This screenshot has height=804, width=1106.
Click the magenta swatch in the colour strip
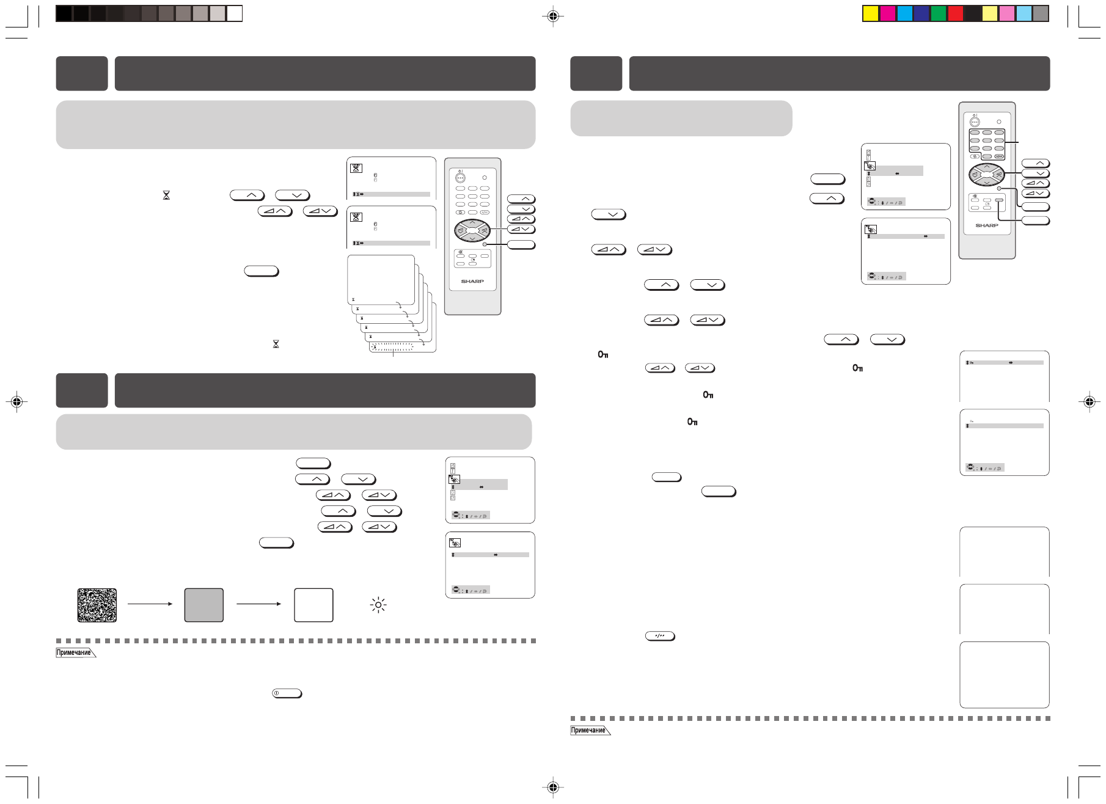point(887,13)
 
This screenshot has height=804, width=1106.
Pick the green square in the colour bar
point(938,13)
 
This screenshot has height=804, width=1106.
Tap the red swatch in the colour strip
point(955,13)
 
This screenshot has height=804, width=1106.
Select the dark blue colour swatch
point(921,13)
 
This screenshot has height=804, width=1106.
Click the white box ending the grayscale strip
point(235,13)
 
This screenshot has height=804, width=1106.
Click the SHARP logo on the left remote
point(472,282)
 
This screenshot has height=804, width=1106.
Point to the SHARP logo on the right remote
point(986,225)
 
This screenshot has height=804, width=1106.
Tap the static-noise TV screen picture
point(97,605)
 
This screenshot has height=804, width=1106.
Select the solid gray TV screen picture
point(204,605)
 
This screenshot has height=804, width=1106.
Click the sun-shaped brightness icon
point(379,605)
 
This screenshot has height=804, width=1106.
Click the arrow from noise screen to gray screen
point(150,604)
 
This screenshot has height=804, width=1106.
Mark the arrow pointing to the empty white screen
point(258,604)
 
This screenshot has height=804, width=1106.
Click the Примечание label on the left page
point(75,652)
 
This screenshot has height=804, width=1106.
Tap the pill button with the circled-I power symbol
point(287,693)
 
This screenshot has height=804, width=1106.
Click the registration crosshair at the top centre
point(552,16)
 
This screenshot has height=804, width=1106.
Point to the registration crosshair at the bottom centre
point(552,788)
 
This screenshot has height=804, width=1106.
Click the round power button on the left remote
point(461,178)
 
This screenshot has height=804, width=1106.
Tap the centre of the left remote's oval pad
point(472,231)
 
